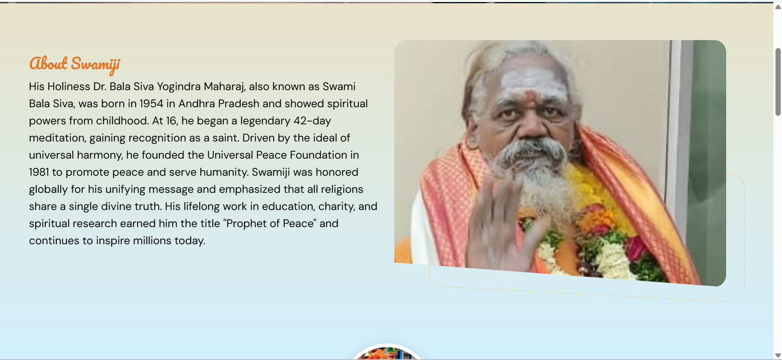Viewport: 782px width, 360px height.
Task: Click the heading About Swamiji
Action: [x=75, y=64]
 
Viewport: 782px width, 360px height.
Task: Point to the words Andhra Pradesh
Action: [x=219, y=104]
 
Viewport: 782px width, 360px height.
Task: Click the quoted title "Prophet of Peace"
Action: [x=270, y=223]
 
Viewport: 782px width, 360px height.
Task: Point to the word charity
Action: [x=337, y=207]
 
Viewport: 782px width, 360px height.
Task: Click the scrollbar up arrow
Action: [x=778, y=7]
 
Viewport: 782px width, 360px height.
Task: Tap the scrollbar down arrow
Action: [x=778, y=356]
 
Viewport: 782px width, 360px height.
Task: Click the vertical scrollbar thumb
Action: [x=778, y=82]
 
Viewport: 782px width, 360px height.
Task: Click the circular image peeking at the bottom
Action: [x=387, y=353]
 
